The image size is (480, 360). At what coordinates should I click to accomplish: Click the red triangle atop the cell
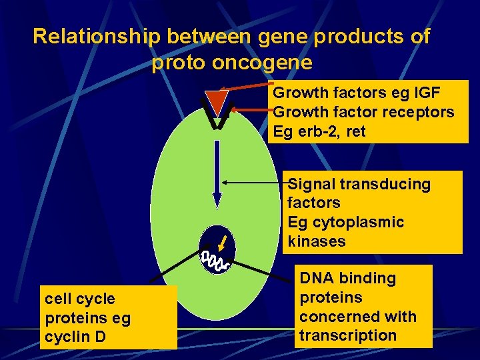215,102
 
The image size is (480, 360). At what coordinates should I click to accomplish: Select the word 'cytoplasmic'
363,222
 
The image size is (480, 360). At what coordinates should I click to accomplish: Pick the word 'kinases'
317,241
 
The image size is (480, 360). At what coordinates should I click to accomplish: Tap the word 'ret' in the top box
356,132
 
